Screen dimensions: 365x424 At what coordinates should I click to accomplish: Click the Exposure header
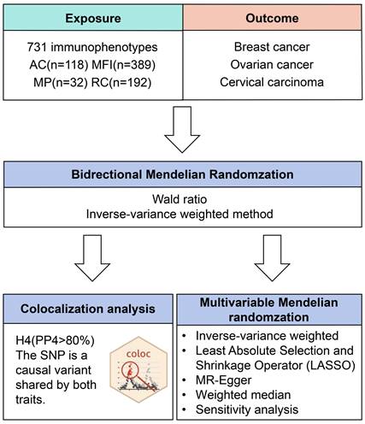[93, 18]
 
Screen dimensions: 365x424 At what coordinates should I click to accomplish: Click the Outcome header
[272, 18]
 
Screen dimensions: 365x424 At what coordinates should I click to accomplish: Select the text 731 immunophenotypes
[92, 47]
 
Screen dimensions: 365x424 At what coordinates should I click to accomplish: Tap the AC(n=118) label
[59, 65]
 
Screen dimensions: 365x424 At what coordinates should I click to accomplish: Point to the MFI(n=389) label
[124, 65]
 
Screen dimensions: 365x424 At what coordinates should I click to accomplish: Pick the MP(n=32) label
[61, 83]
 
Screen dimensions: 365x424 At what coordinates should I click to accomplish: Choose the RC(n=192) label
[121, 83]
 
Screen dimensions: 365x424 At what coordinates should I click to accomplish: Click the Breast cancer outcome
[272, 47]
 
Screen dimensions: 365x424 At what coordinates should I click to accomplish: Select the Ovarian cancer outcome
[272, 65]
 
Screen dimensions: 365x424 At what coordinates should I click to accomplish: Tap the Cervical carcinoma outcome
[272, 82]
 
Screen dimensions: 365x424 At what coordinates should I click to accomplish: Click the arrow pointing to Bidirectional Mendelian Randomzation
[182, 130]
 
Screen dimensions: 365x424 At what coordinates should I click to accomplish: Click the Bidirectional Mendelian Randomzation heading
[182, 174]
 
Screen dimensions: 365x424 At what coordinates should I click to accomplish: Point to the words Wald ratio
[180, 199]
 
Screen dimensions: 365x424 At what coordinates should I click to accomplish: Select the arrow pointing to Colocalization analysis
[92, 258]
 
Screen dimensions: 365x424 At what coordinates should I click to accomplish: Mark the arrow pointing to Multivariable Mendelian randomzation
[272, 258]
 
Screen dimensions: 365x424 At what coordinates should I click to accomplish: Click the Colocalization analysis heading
[88, 309]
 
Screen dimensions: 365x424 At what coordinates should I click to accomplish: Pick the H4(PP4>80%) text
[55, 341]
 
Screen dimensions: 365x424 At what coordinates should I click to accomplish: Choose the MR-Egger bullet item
[224, 380]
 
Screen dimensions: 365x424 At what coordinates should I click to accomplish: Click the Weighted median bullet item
[243, 395]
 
